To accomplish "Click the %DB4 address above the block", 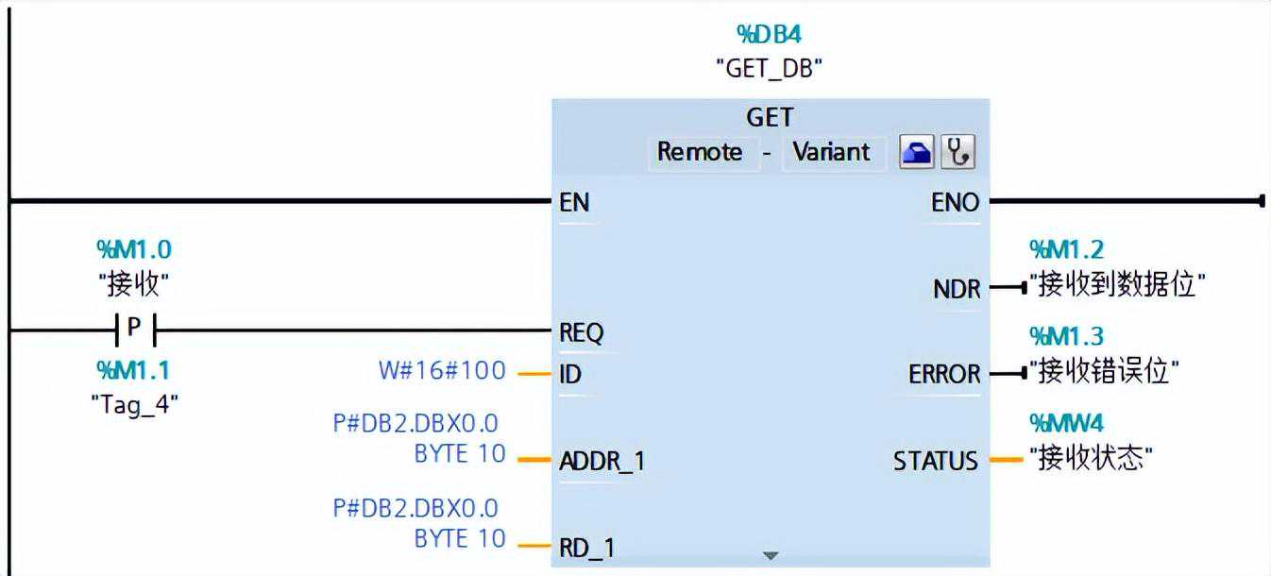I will (x=770, y=35).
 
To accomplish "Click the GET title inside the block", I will (x=770, y=118).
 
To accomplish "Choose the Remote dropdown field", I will (x=700, y=152).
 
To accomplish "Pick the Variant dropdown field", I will (x=832, y=152).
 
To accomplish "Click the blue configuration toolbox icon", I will (x=916, y=152).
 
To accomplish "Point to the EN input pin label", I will (x=575, y=202).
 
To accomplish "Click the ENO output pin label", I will (x=957, y=202).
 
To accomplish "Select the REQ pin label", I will (x=582, y=332).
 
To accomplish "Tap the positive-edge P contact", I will (x=133, y=330).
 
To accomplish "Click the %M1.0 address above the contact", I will (x=134, y=249).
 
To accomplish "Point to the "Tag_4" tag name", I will (x=134, y=404).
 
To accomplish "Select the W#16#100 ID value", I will (x=442, y=370).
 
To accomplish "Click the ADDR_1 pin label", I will (x=602, y=462).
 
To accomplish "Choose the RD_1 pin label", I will (x=586, y=547).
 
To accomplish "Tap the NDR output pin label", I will (x=957, y=289).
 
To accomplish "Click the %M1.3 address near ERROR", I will (x=1066, y=336).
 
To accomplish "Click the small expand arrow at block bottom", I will (x=771, y=555).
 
